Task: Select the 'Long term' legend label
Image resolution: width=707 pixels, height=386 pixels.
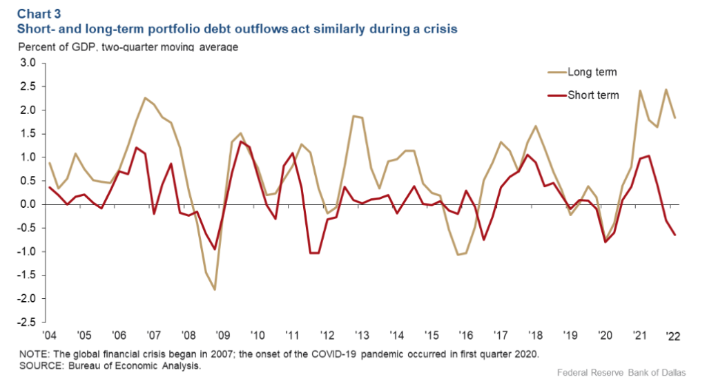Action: (x=592, y=72)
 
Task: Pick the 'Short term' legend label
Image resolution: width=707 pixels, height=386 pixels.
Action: (x=593, y=95)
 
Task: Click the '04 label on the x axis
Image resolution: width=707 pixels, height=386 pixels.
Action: (x=49, y=336)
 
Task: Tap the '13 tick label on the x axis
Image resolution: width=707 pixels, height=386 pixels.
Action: (x=360, y=336)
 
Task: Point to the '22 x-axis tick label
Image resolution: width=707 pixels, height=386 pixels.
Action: (x=670, y=336)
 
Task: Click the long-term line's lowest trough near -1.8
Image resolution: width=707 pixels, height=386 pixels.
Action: (x=215, y=289)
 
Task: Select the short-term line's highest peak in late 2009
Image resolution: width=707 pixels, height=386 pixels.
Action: (x=240, y=142)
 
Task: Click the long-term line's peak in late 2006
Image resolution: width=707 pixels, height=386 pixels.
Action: (x=145, y=98)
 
